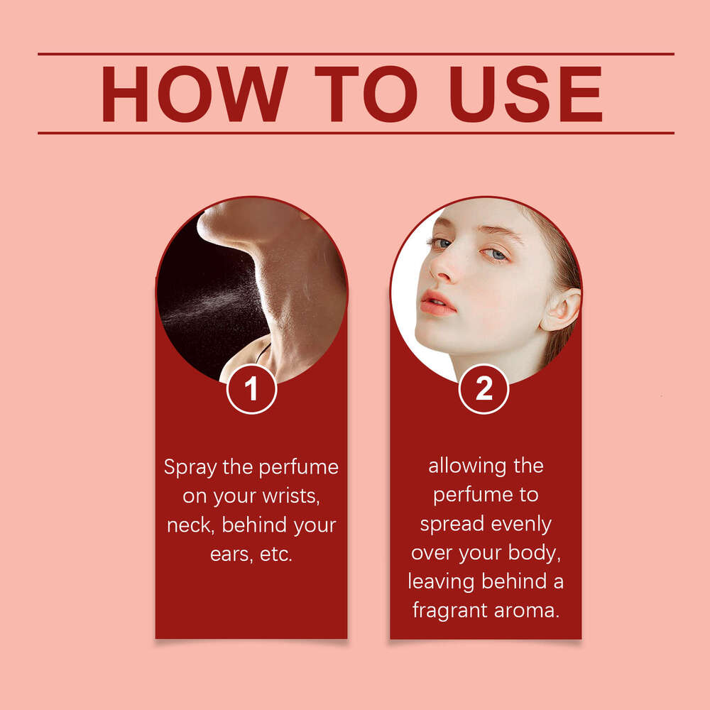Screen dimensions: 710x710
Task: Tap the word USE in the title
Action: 525,94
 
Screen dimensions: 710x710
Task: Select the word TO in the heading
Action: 366,94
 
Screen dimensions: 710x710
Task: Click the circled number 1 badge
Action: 252,389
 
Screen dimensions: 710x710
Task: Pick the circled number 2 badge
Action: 484,389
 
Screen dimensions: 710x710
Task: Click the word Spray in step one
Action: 190,468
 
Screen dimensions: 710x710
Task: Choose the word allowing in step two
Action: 467,466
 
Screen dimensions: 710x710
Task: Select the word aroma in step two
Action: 527,611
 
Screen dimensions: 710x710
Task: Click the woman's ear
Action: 562,310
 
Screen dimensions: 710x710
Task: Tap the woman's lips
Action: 437,303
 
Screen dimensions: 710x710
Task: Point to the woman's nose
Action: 443,266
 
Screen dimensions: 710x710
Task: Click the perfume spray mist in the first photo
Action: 213,302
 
